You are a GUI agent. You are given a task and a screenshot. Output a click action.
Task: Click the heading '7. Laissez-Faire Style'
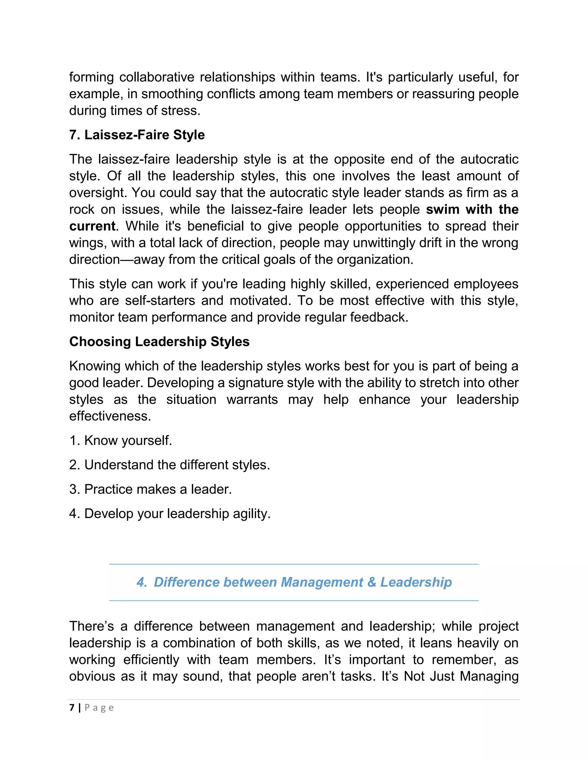[137, 135]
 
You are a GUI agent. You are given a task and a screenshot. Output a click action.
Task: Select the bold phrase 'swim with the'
[472, 209]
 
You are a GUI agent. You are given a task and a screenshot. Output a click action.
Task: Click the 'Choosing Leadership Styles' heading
[159, 341]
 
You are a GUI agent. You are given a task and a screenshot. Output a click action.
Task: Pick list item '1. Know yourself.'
[121, 441]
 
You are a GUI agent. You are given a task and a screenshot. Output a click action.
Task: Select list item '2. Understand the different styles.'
[169, 465]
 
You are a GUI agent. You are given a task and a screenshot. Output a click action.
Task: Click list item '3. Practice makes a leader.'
[150, 489]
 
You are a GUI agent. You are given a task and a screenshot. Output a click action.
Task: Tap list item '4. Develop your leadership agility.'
[170, 514]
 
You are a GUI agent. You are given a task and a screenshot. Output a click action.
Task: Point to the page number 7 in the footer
[72, 708]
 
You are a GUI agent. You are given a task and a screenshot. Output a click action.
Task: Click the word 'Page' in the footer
[99, 708]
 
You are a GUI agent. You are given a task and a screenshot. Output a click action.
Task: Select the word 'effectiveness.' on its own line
[110, 416]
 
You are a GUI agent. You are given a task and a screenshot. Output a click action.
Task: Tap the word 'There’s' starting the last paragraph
[92, 626]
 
